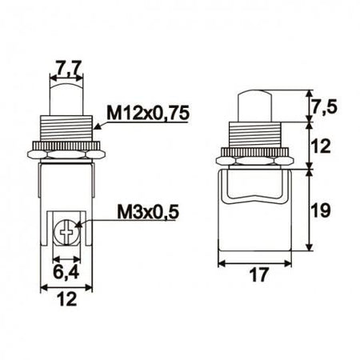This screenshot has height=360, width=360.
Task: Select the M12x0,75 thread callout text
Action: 148,113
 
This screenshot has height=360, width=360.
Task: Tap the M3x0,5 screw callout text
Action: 147,212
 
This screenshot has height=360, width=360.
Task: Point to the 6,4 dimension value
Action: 66,272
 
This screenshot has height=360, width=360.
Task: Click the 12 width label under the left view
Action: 66,299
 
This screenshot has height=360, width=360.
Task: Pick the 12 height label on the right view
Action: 321,146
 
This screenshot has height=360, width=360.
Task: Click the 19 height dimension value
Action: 321,211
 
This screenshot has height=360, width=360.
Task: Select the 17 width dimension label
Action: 254,275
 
